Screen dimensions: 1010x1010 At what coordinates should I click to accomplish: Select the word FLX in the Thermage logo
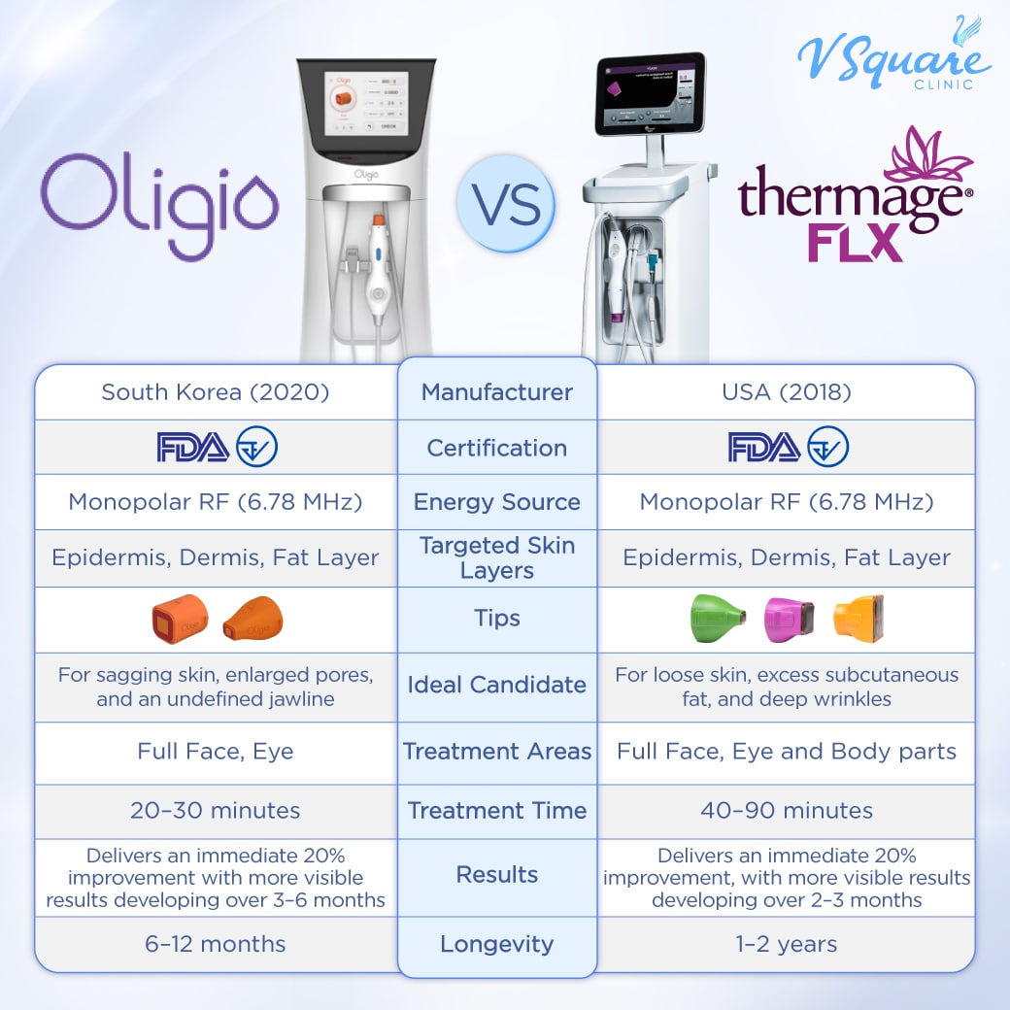[x=855, y=243]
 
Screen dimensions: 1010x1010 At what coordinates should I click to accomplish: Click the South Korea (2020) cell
[x=216, y=392]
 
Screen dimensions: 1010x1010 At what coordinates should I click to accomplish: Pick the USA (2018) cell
[x=786, y=392]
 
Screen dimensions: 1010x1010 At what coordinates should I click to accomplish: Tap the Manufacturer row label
[x=497, y=392]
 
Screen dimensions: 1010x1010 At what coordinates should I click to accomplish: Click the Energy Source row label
[x=497, y=502]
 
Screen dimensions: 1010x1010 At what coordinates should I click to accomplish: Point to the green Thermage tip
[x=717, y=620]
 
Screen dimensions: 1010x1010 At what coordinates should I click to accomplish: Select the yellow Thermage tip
[x=858, y=620]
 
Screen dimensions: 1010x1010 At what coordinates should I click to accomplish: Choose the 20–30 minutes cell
[x=216, y=810]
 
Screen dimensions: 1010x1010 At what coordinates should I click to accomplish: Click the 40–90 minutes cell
[x=786, y=810]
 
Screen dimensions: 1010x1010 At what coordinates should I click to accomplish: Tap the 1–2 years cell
[x=786, y=943]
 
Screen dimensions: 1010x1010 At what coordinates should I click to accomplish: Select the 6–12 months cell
[x=216, y=943]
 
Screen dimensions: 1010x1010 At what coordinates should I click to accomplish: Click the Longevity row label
[x=497, y=943]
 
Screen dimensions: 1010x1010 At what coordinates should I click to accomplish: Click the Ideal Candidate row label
[x=497, y=685]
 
